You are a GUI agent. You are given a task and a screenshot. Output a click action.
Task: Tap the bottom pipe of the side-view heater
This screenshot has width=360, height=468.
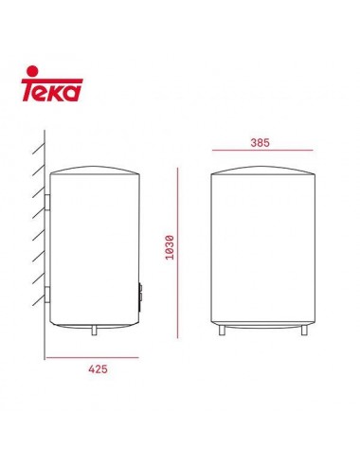[x=95, y=331]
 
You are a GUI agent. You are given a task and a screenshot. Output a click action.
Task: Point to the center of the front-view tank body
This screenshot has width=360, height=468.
[x=261, y=251]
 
